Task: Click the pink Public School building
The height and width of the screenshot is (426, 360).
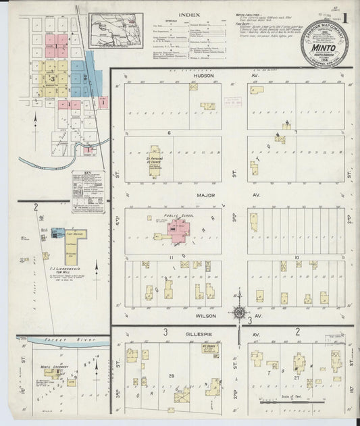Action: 179,232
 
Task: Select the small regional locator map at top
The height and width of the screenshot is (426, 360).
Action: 115,32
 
